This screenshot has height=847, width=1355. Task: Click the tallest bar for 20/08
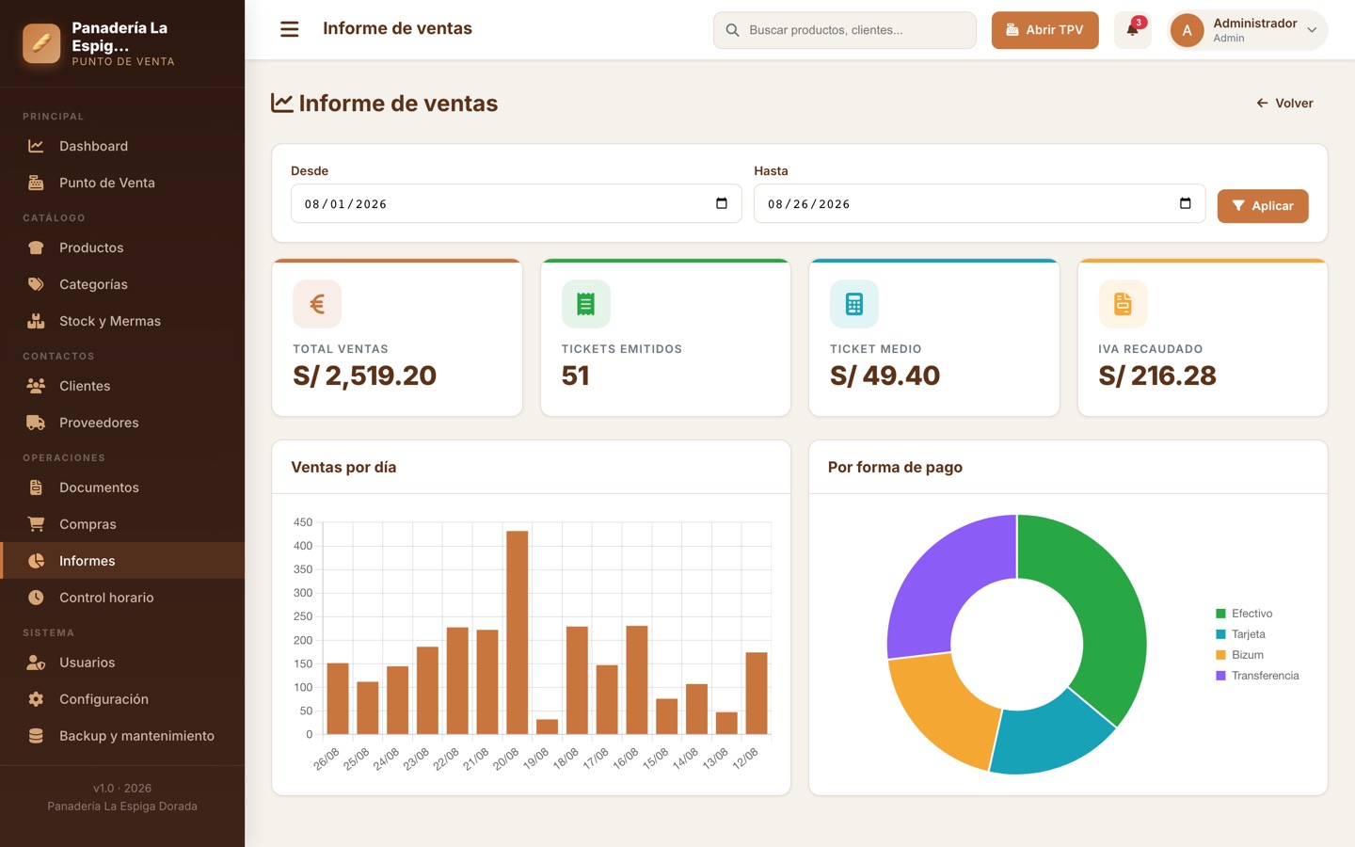(x=518, y=632)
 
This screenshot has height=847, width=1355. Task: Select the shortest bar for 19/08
(x=547, y=727)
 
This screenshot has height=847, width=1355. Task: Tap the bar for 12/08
(x=757, y=694)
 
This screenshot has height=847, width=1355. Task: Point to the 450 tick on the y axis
(x=302, y=522)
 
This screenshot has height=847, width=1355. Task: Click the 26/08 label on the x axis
(x=327, y=759)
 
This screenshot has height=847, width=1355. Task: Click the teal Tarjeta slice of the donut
(x=1049, y=735)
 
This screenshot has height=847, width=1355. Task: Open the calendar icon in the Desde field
(x=721, y=203)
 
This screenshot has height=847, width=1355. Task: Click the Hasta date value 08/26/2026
(x=809, y=204)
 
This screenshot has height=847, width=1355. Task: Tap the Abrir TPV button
(x=1044, y=30)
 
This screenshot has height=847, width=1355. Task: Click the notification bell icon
(x=1132, y=30)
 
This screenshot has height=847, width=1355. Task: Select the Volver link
(x=1284, y=103)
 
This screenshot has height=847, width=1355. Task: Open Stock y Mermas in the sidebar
(x=109, y=321)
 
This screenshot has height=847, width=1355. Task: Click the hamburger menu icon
(x=289, y=29)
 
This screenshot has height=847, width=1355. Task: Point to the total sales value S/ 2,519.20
(x=364, y=376)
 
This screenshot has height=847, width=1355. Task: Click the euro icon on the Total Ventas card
(x=317, y=304)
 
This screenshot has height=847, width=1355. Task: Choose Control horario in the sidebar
(x=106, y=597)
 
